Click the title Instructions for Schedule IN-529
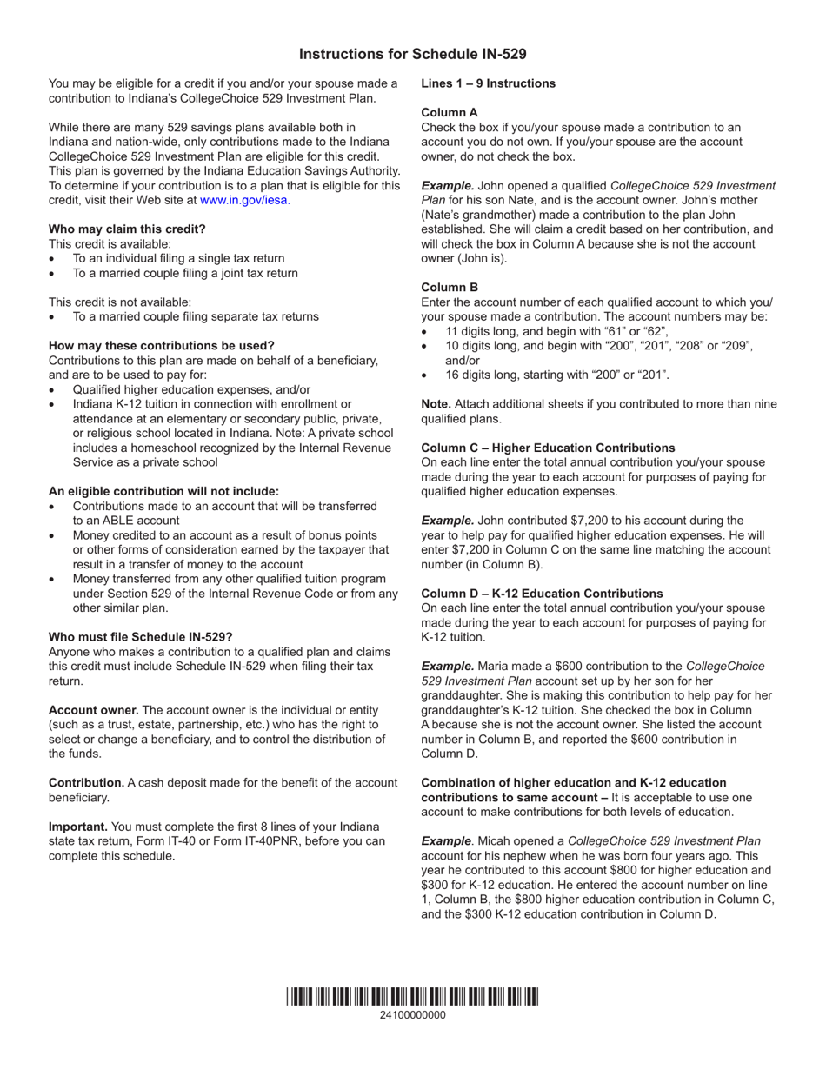coord(412,54)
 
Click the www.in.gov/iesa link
coord(245,200)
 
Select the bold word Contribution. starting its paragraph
coord(86,782)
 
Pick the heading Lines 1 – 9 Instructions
coord(488,83)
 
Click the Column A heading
coord(450,112)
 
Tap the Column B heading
coord(450,287)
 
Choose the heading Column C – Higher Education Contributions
coord(548,448)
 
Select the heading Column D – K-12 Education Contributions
coord(542,594)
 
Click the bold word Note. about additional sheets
coord(436,404)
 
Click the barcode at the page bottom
coord(412,997)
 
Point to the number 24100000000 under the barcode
coord(412,1015)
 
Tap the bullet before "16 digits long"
coord(424,375)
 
